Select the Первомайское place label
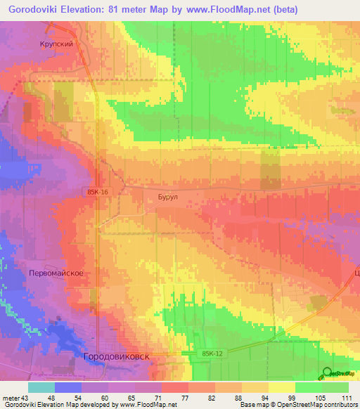(x=57, y=273)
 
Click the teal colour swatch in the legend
(x=41, y=387)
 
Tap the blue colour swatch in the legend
(x=68, y=387)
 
